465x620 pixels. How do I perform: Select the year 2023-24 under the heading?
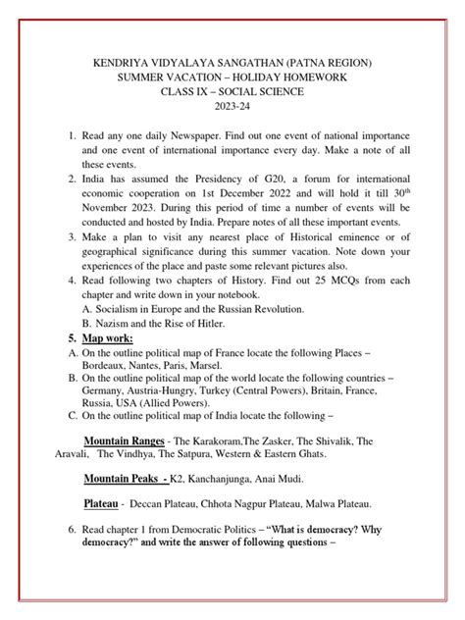232,111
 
